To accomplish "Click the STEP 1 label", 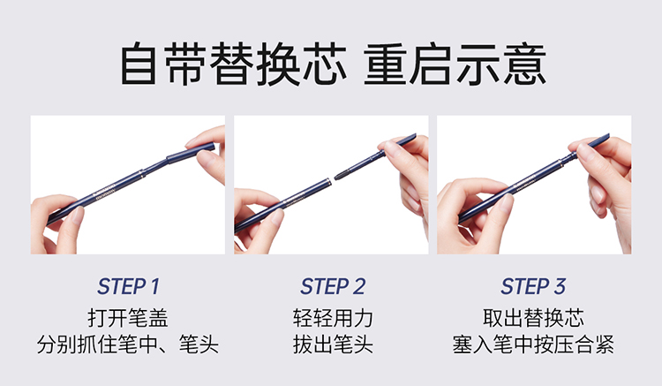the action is pos(128,286).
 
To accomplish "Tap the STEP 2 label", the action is pos(333,286).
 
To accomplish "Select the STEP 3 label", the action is pos(533,286).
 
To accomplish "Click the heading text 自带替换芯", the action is pos(234,64).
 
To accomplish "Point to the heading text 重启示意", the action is pos(455,64).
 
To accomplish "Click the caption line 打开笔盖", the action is pos(128,318).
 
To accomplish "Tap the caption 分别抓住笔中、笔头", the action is pos(128,344).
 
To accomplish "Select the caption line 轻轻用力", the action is pos(333,318).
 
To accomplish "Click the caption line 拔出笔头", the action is pos(333,344).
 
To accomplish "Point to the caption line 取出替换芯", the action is pos(533,318).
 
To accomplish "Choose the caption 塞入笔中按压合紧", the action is pos(533,344).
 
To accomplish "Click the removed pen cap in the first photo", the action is pos(191,153).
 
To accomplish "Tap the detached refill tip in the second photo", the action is pos(342,173).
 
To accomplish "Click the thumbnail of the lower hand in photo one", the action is pos(79,215).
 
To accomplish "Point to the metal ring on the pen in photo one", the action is pos(142,172).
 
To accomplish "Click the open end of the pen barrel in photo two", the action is pos(328,183).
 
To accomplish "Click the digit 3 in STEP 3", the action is pos(560,286).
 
